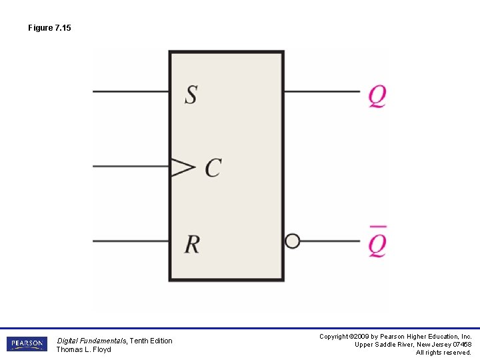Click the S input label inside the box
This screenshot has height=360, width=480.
[191, 94]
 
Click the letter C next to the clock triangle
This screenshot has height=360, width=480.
[213, 167]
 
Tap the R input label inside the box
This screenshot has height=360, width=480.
[192, 245]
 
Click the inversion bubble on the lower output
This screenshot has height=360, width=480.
[292, 241]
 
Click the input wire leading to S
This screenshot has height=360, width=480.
[130, 91]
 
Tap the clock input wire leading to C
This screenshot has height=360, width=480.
[130, 167]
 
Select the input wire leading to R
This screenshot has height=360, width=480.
[130, 241]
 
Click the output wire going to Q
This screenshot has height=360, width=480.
[322, 91]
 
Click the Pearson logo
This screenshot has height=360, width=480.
[27, 344]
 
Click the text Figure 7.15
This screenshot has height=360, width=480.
[49, 28]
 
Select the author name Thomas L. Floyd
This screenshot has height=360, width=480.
[83, 349]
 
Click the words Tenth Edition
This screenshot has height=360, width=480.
[151, 341]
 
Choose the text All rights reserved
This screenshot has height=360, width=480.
[443, 353]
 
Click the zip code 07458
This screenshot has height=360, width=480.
[460, 345]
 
